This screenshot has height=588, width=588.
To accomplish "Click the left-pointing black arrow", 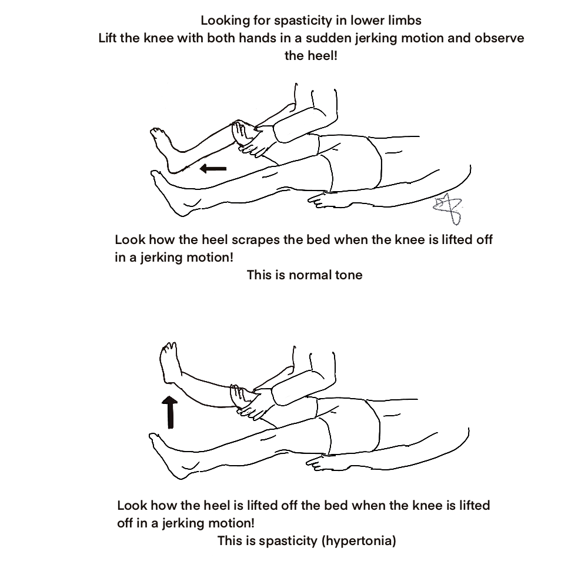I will click(x=212, y=169).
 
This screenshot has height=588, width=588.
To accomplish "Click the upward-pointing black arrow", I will click(x=171, y=412).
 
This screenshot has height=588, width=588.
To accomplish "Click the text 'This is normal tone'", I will click(x=305, y=275).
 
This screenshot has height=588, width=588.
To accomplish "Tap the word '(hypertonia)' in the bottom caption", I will click(x=358, y=541).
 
